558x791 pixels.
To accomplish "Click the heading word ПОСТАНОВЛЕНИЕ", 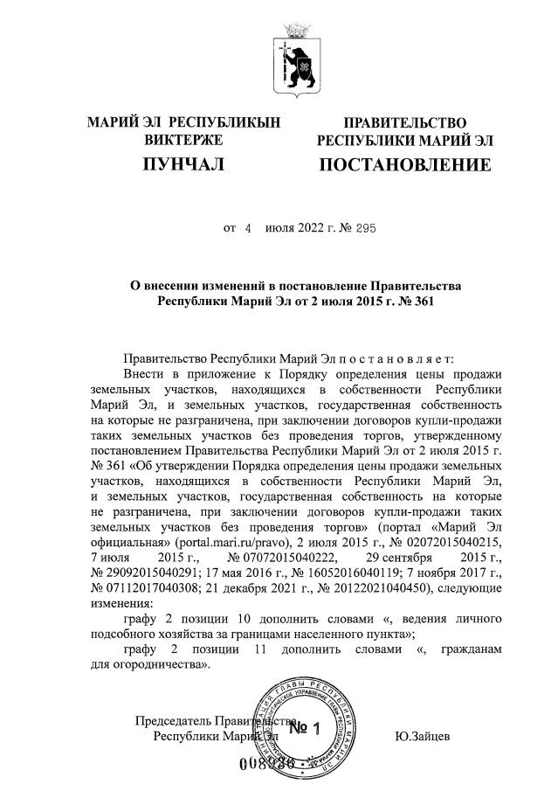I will pyautogui.click(x=404, y=164).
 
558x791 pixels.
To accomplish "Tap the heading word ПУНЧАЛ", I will pyautogui.click(x=183, y=164).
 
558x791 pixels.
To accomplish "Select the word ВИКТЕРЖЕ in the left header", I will pyautogui.click(x=183, y=139).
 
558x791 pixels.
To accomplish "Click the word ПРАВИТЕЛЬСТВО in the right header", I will pyautogui.click(x=404, y=123).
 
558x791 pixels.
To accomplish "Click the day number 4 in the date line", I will pyautogui.click(x=247, y=228).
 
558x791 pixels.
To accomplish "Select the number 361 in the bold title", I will pyautogui.click(x=417, y=301).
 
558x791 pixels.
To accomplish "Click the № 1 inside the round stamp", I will pyautogui.click(x=306, y=728).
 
